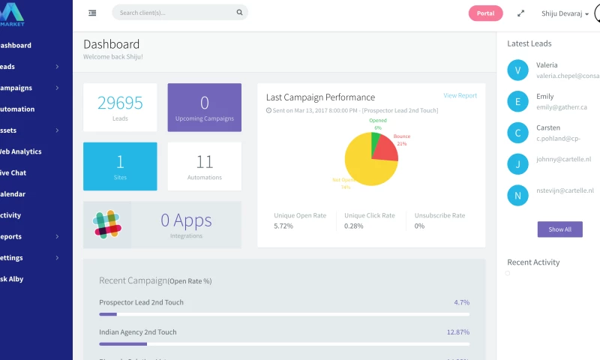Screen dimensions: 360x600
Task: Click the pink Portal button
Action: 485,13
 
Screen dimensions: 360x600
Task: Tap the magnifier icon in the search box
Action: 239,13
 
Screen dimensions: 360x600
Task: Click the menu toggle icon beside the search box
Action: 92,13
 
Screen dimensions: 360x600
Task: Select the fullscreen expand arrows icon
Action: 521,13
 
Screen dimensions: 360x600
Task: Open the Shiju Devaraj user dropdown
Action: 565,13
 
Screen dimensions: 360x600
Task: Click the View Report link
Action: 460,95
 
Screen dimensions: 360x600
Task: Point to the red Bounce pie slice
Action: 385,148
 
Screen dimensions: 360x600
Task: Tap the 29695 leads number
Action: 120,103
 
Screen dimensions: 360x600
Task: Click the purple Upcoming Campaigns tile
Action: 204,107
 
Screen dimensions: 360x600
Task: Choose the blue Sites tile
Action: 120,166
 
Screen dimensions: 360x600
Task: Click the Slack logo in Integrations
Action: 107,224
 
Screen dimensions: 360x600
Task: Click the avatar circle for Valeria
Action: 517,70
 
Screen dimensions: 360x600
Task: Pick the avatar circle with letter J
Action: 517,164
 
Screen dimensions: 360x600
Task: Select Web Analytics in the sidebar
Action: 20,151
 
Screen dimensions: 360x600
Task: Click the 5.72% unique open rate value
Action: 283,226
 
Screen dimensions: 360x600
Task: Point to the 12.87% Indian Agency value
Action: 457,331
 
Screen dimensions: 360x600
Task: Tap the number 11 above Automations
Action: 205,162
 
